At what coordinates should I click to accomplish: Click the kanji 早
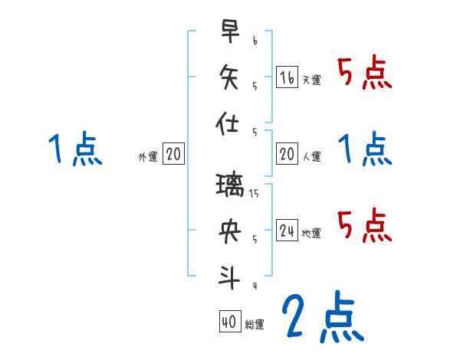click(x=230, y=32)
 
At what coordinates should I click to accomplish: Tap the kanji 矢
click(x=230, y=77)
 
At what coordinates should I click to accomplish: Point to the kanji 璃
click(x=230, y=186)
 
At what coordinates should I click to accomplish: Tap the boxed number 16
click(x=287, y=77)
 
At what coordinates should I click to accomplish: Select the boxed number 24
click(x=287, y=231)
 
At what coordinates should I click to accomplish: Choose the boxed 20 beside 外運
click(x=173, y=155)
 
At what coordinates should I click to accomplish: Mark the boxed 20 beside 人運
click(x=287, y=154)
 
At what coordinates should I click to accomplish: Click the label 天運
click(x=311, y=80)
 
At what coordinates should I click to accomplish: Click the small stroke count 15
click(x=255, y=193)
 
